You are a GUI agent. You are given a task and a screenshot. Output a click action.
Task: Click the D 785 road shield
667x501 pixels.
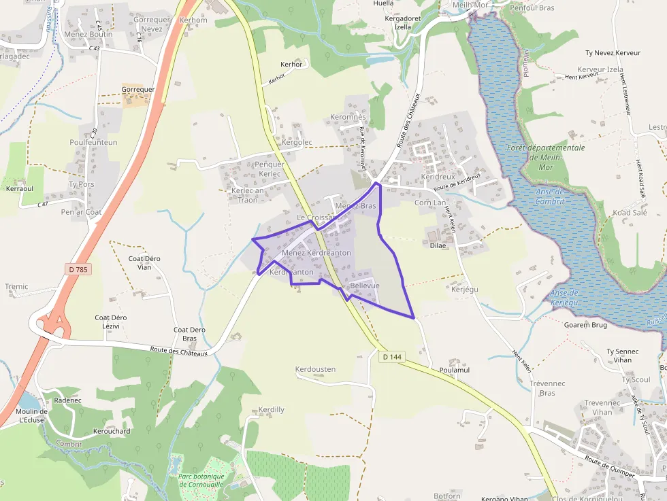(79, 269)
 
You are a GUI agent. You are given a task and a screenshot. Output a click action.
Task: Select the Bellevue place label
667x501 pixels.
(365, 286)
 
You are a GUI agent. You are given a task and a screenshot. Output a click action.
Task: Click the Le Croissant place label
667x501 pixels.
(317, 218)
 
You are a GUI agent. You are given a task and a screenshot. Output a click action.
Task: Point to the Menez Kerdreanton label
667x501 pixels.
(316, 253)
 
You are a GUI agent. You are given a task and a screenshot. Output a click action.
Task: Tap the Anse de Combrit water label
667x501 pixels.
(549, 196)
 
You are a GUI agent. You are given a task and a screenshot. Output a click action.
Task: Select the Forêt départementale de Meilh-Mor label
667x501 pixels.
(546, 157)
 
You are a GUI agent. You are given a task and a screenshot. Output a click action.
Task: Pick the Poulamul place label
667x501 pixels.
(455, 370)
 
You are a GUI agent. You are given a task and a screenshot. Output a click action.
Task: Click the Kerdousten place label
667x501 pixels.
(315, 369)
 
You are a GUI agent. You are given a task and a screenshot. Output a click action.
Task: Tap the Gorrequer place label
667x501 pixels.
(138, 89)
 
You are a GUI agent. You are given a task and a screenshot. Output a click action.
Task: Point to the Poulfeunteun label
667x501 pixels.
(93, 142)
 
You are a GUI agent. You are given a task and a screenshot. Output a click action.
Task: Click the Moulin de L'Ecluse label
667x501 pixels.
(31, 415)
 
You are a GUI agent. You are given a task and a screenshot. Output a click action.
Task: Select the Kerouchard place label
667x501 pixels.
(112, 431)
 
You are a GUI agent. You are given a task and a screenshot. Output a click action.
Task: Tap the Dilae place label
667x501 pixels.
(438, 245)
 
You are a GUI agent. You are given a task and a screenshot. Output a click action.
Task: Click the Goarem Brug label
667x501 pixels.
(585, 325)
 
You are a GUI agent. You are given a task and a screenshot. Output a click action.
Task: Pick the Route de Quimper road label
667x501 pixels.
(611, 468)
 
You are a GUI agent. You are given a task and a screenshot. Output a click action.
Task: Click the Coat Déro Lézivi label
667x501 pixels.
(112, 322)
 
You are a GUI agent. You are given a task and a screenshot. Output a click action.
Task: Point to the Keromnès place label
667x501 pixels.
(348, 117)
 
